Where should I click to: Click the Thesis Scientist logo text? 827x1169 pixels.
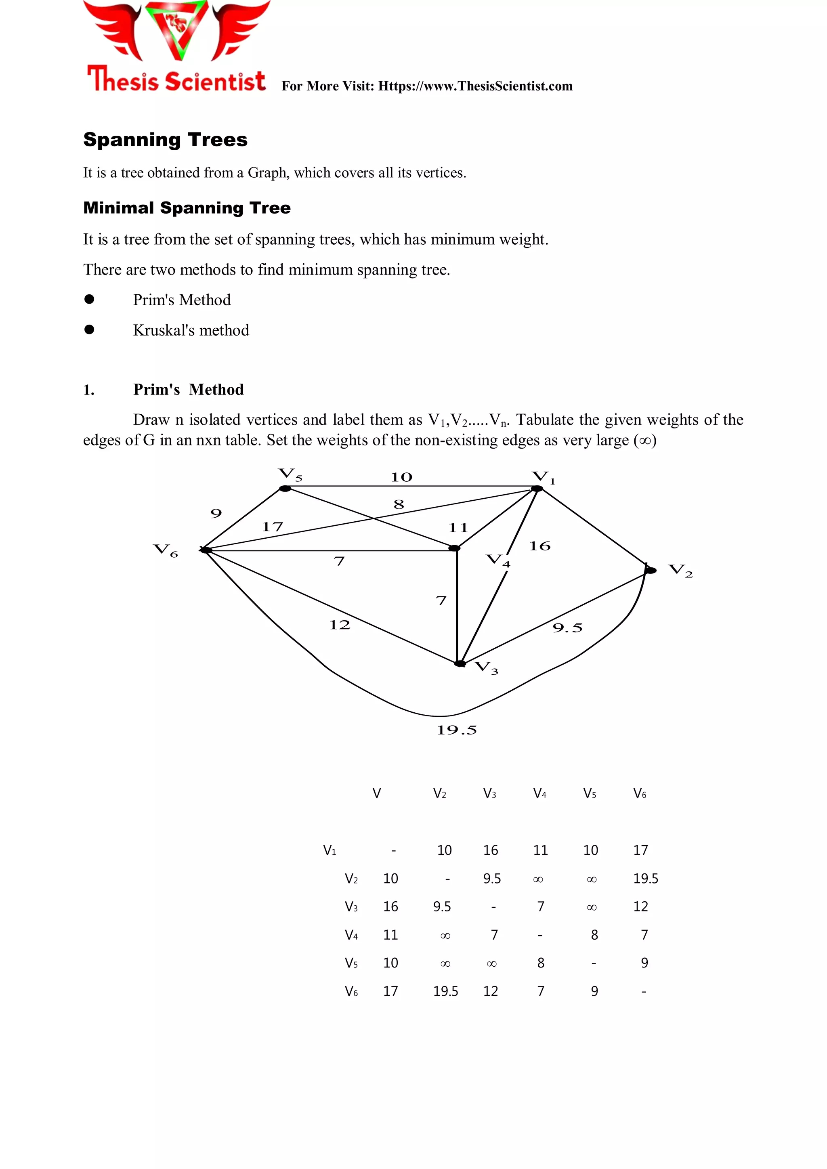tap(176, 80)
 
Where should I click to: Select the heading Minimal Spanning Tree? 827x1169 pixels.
tap(187, 208)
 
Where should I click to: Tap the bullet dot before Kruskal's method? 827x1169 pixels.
tap(90, 330)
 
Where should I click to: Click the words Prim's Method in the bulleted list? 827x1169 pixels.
tap(182, 300)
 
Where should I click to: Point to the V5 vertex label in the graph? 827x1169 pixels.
tap(290, 474)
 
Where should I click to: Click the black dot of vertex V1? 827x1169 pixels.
tap(537, 489)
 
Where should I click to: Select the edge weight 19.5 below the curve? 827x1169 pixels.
tap(457, 730)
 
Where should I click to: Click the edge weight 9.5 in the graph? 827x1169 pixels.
tap(567, 628)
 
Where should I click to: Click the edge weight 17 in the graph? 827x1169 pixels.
tap(273, 527)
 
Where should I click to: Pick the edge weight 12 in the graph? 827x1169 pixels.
tap(340, 625)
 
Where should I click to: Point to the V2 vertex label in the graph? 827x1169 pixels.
tap(680, 570)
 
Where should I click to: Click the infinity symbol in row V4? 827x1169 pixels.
tap(445, 935)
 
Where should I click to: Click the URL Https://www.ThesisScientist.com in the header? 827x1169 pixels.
tap(475, 86)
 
